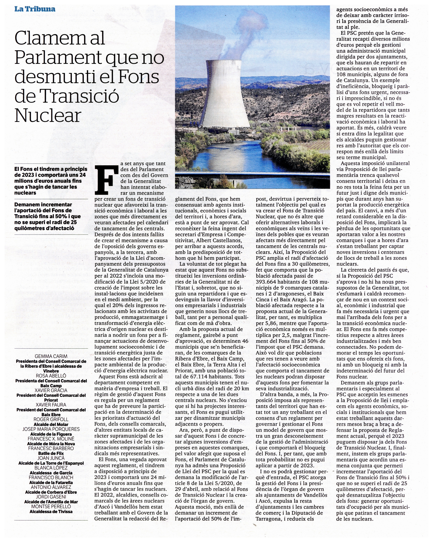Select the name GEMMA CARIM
click(51, 356)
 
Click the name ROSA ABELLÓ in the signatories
click(51, 376)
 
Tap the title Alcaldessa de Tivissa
click(51, 511)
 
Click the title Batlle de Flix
click(51, 453)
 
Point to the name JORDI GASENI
click(51, 497)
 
